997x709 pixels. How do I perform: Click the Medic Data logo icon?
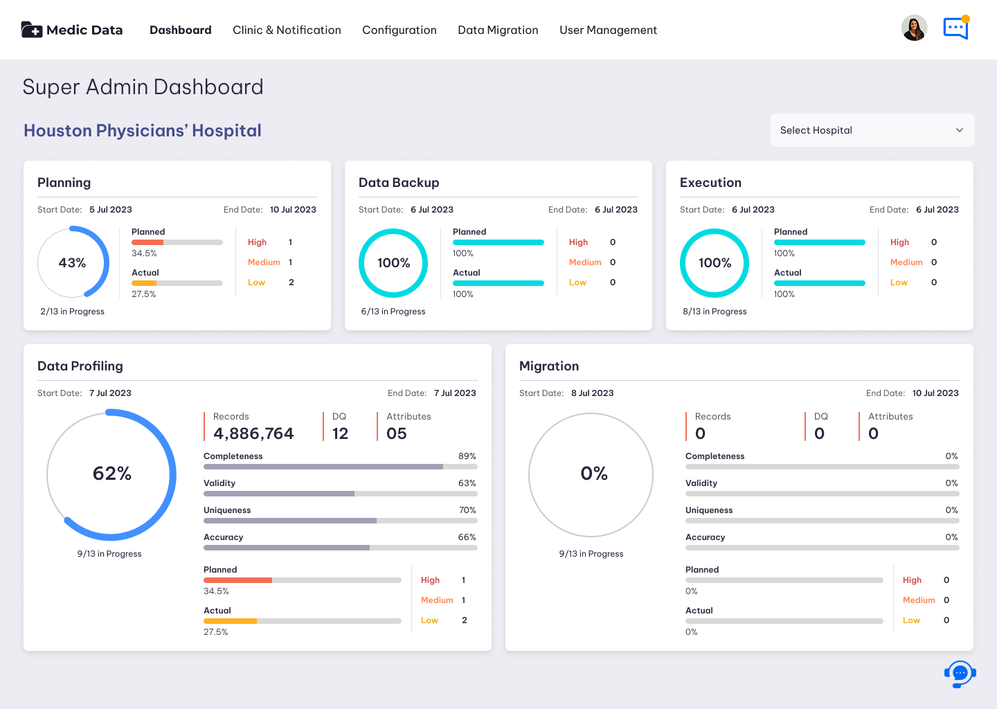(32, 30)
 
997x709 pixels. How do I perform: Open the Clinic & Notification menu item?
(287, 30)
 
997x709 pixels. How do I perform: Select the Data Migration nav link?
(498, 30)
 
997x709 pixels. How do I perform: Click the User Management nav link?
(608, 30)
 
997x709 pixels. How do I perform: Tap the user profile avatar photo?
(914, 28)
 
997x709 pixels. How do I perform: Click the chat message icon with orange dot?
(956, 28)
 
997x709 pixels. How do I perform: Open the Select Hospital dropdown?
(872, 130)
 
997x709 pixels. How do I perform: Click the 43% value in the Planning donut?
(72, 262)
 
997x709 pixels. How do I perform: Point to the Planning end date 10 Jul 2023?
(293, 210)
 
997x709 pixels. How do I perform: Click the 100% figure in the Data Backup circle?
(393, 262)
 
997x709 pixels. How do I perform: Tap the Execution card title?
(710, 183)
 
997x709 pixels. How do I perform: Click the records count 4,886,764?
(253, 433)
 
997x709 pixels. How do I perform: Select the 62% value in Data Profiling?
(111, 473)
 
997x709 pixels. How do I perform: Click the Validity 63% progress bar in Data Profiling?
(341, 494)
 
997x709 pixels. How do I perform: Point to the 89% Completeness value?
(467, 456)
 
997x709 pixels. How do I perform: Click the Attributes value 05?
(396, 433)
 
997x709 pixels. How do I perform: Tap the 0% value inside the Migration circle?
(594, 473)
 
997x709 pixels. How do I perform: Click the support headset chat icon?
(960, 674)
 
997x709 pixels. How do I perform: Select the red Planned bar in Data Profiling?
(237, 580)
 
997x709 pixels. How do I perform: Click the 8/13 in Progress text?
(715, 312)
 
